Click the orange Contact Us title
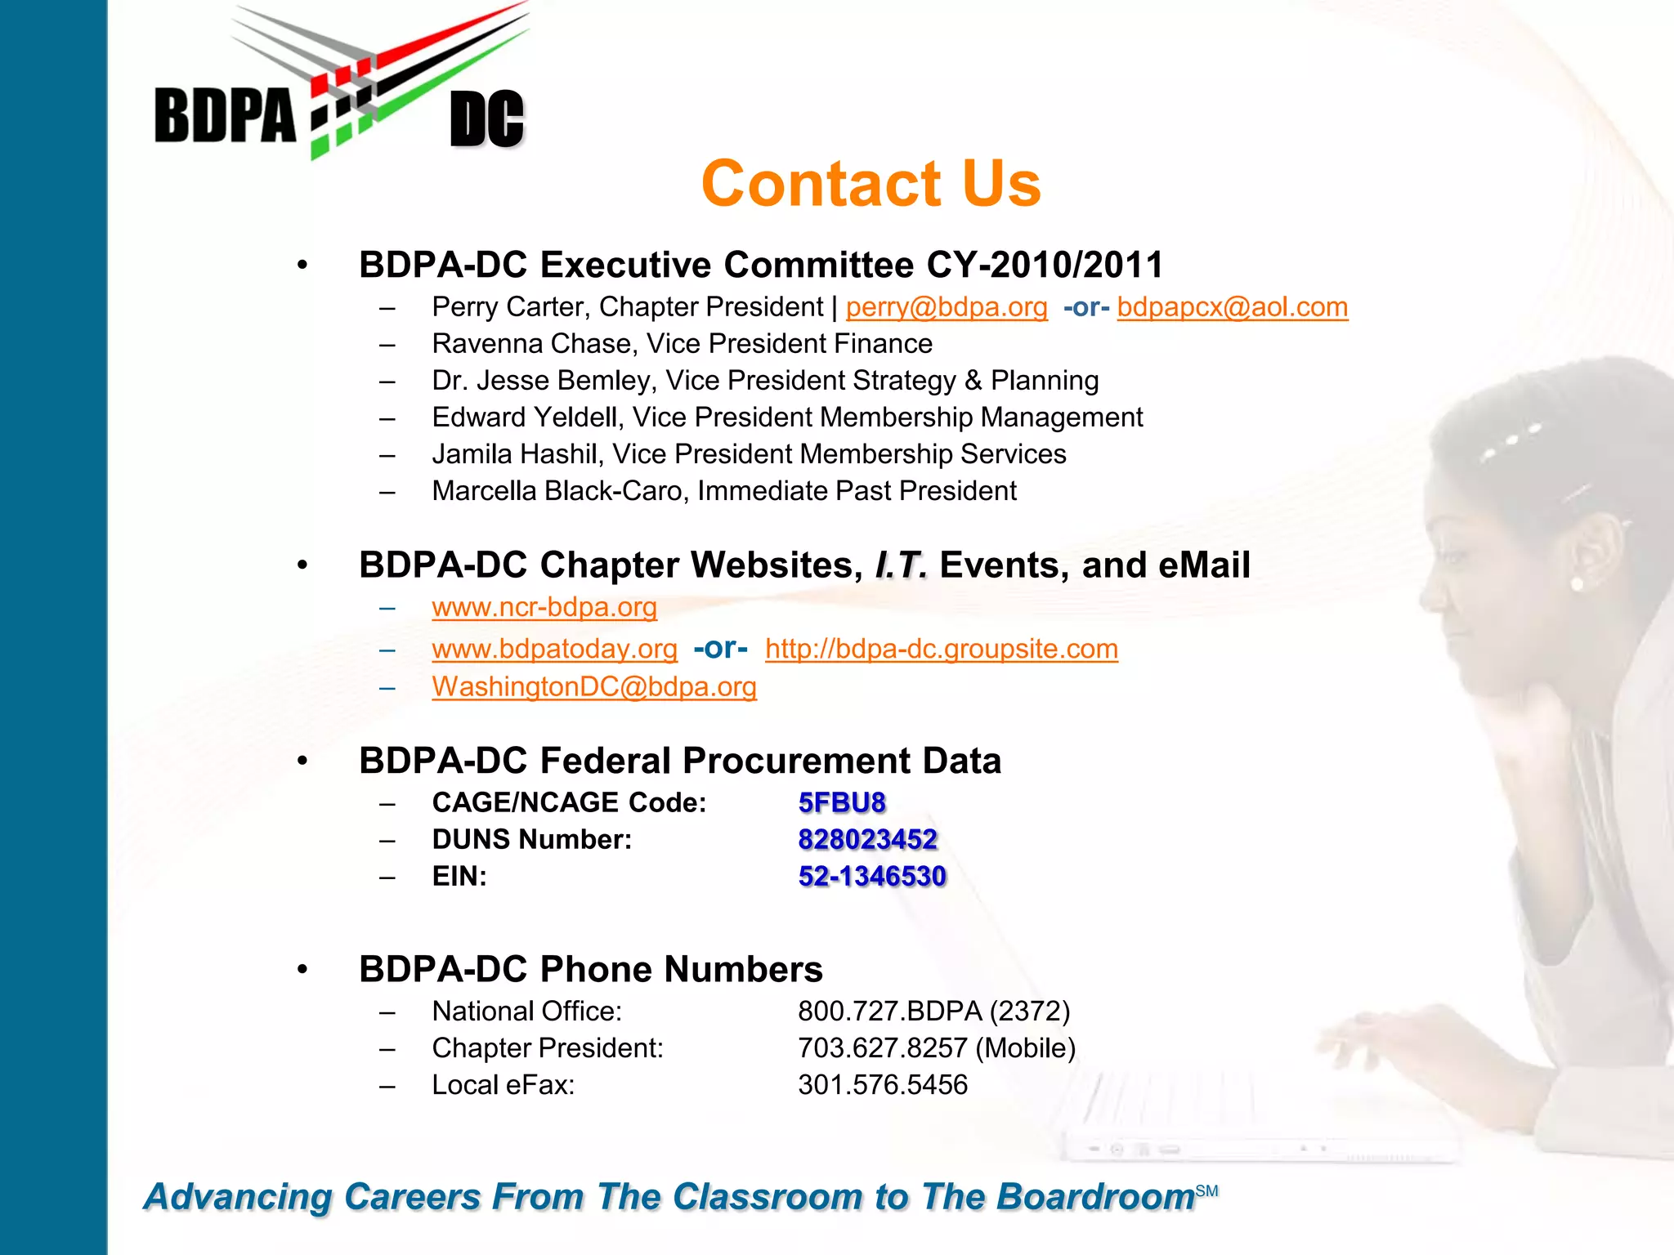(871, 184)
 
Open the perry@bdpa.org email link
(946, 307)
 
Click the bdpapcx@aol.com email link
(1232, 307)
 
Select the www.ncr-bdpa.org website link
(544, 607)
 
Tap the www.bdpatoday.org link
(554, 649)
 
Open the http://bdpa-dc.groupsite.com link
(941, 649)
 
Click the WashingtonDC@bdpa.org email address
(594, 687)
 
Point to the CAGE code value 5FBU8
(842, 802)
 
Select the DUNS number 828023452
(867, 839)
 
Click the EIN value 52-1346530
(871, 876)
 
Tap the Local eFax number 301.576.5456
(882, 1085)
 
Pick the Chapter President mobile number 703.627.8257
(883, 1048)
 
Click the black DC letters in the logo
(486, 120)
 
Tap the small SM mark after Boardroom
(1206, 1191)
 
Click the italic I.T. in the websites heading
(901, 565)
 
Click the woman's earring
(1577, 583)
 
